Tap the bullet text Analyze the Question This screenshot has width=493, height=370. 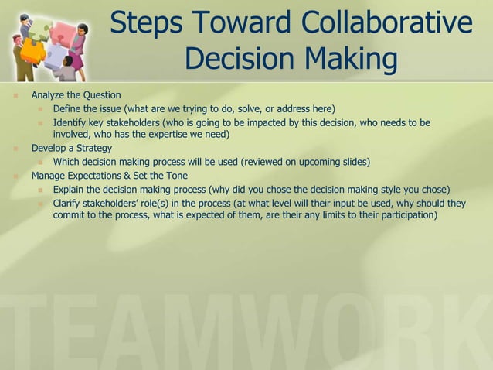pyautogui.click(x=76, y=95)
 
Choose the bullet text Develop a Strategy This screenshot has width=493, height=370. pyautogui.click(x=72, y=148)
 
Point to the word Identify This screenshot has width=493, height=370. pyautogui.click(x=71, y=122)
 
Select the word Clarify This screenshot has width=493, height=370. pyautogui.click(x=70, y=204)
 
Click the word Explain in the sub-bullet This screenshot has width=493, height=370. pyautogui.click(x=70, y=189)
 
